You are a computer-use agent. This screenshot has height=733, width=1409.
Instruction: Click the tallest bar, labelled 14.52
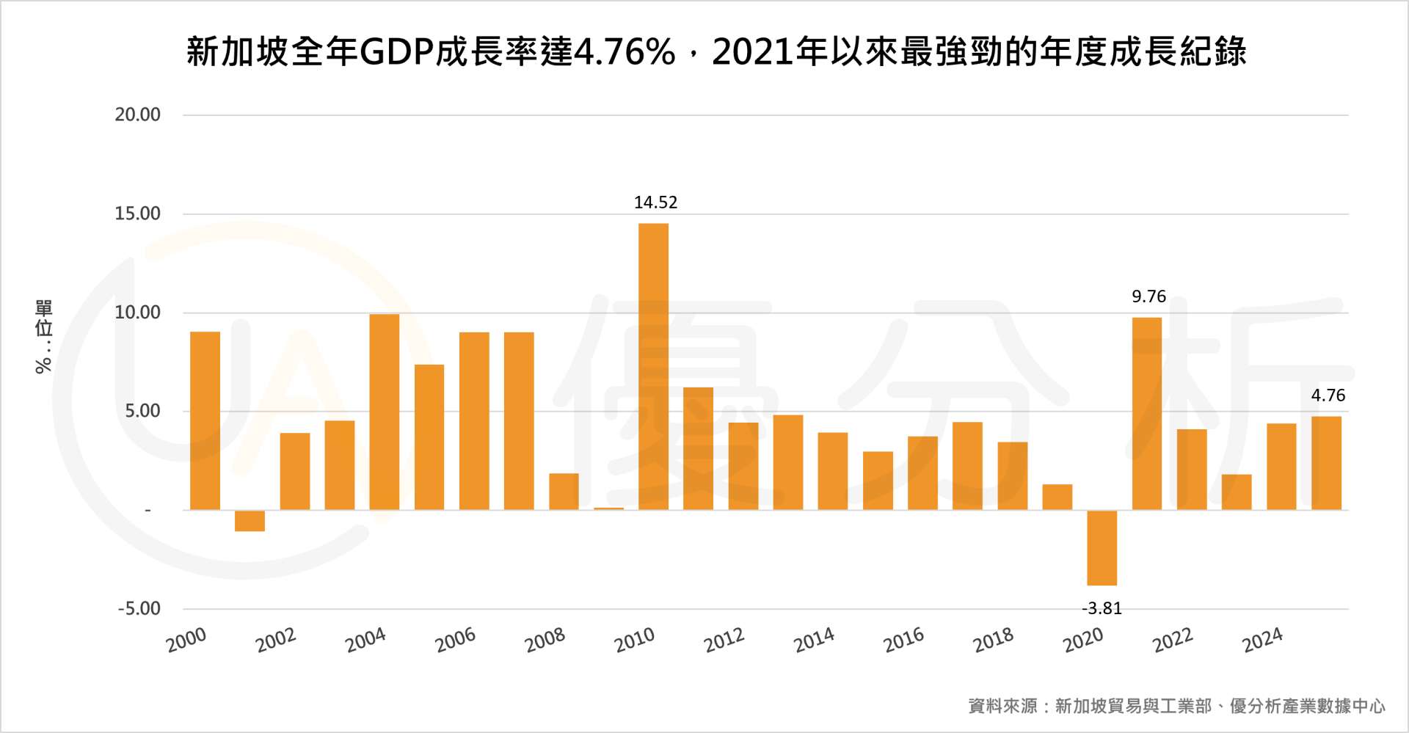pyautogui.click(x=653, y=367)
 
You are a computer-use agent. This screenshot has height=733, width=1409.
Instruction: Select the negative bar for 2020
pyautogui.click(x=1102, y=547)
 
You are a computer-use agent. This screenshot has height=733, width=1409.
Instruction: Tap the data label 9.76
pyautogui.click(x=1148, y=296)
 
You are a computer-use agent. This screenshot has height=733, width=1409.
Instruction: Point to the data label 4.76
pyautogui.click(x=1328, y=395)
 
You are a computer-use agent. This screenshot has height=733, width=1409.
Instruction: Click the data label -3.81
pyautogui.click(x=1102, y=608)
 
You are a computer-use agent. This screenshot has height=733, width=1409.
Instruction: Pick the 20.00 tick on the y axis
pyautogui.click(x=137, y=114)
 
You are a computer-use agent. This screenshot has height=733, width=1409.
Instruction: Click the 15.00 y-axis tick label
pyautogui.click(x=137, y=214)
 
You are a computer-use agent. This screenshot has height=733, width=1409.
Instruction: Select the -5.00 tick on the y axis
pyautogui.click(x=139, y=608)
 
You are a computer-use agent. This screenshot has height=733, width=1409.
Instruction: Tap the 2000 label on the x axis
pyautogui.click(x=186, y=640)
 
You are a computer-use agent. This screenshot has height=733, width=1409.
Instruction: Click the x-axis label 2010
pyautogui.click(x=635, y=640)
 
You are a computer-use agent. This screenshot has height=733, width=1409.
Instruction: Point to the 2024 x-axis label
pyautogui.click(x=1262, y=640)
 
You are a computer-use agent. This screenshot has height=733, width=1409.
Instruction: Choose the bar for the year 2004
pyautogui.click(x=385, y=412)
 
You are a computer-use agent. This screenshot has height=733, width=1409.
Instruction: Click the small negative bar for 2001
pyautogui.click(x=250, y=520)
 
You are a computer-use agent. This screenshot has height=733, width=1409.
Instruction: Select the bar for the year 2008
pyautogui.click(x=564, y=492)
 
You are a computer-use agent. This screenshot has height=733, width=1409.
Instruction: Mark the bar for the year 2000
pyautogui.click(x=205, y=420)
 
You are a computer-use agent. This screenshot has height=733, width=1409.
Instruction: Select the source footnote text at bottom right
pyautogui.click(x=1176, y=706)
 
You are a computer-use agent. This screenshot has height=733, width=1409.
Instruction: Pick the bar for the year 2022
pyautogui.click(x=1191, y=470)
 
